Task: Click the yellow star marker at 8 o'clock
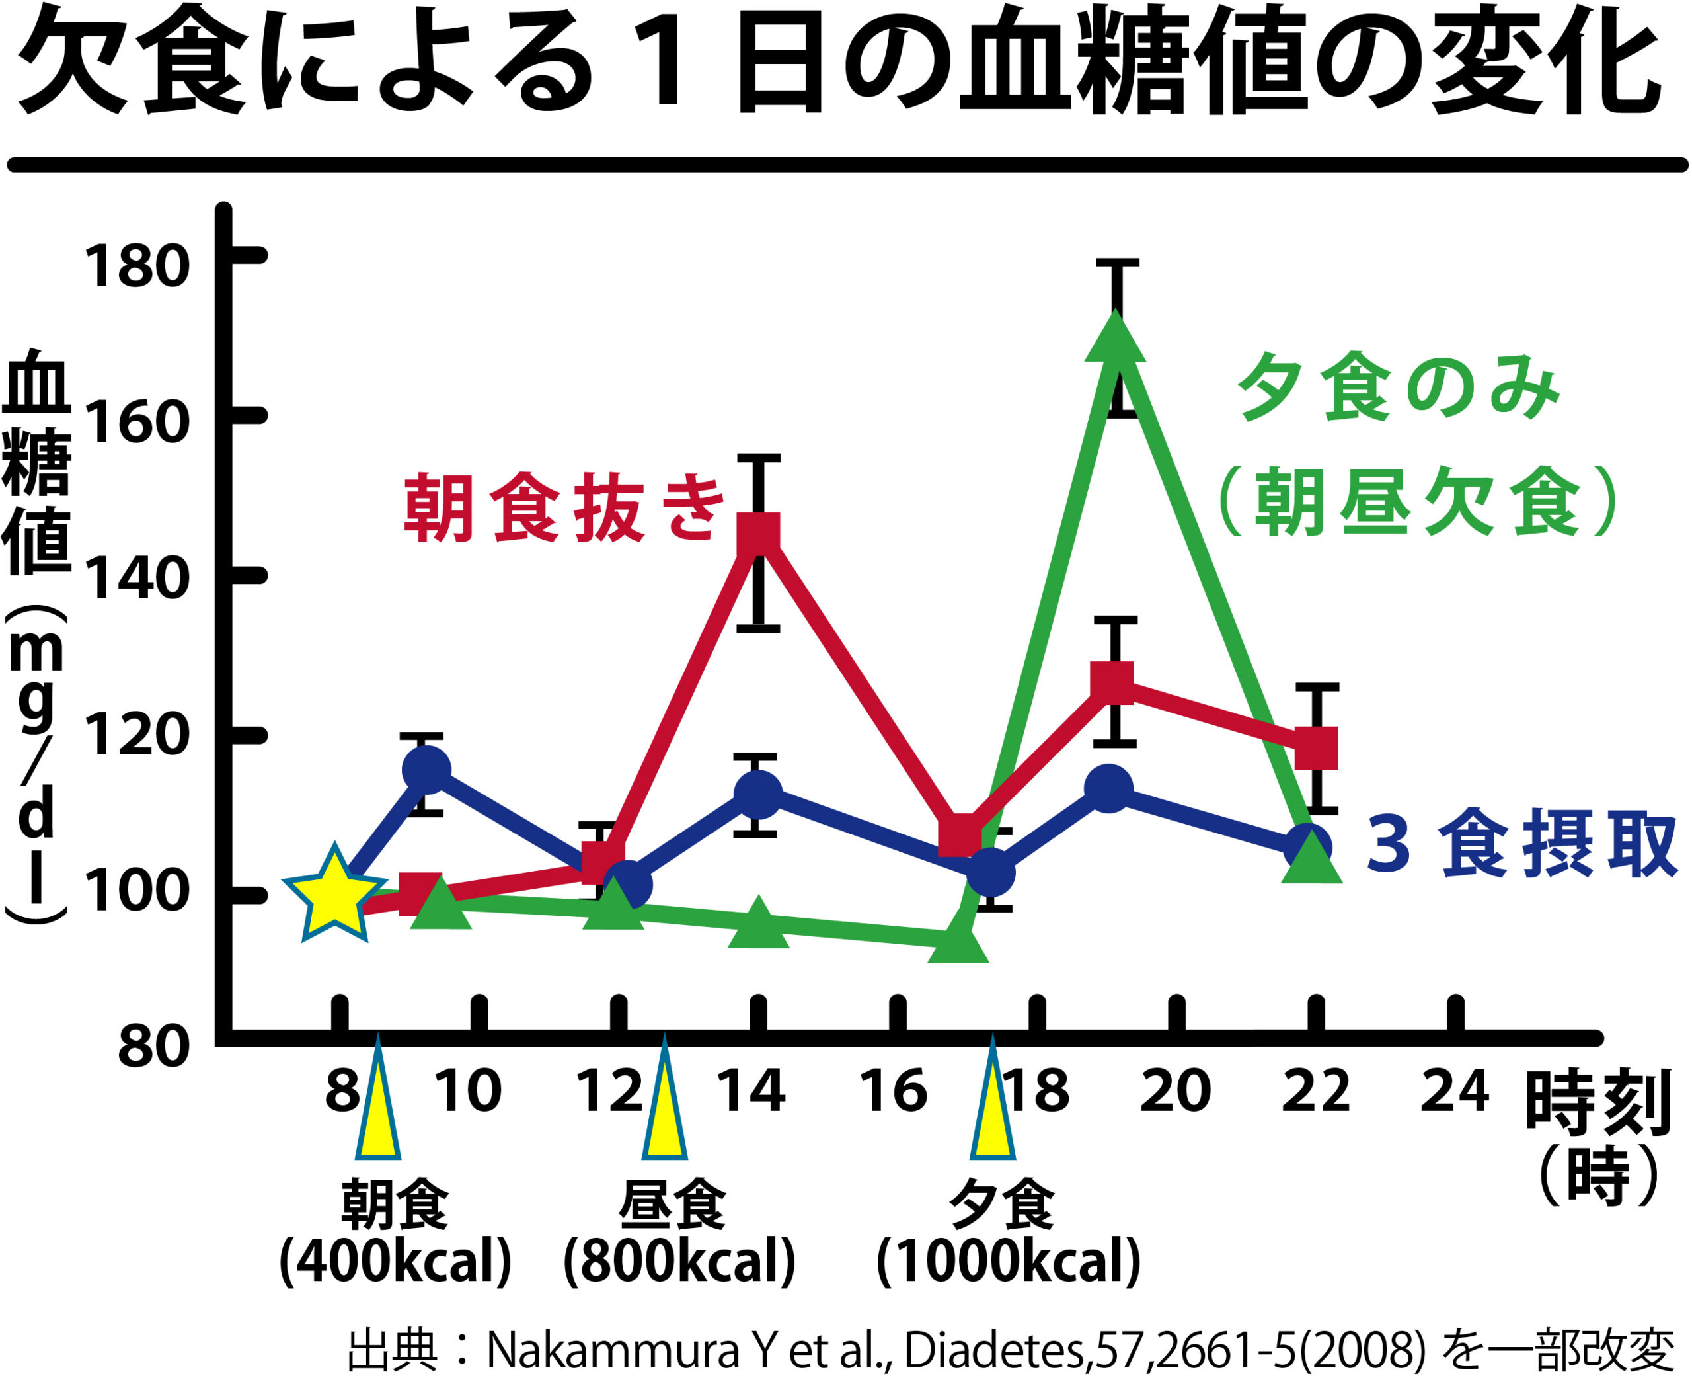[334, 895]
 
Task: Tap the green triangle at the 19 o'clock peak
[1115, 343]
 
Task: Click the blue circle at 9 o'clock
[426, 770]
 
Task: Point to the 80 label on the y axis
[153, 1047]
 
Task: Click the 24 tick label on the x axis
[1455, 1092]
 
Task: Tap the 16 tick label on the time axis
[894, 1092]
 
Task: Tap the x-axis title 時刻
[1597, 1104]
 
